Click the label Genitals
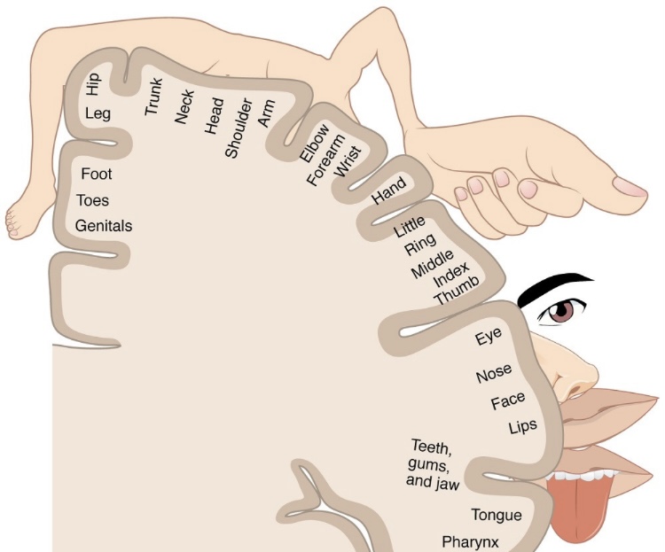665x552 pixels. (104, 226)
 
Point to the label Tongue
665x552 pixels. (497, 515)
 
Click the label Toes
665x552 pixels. (93, 200)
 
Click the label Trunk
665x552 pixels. (154, 97)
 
